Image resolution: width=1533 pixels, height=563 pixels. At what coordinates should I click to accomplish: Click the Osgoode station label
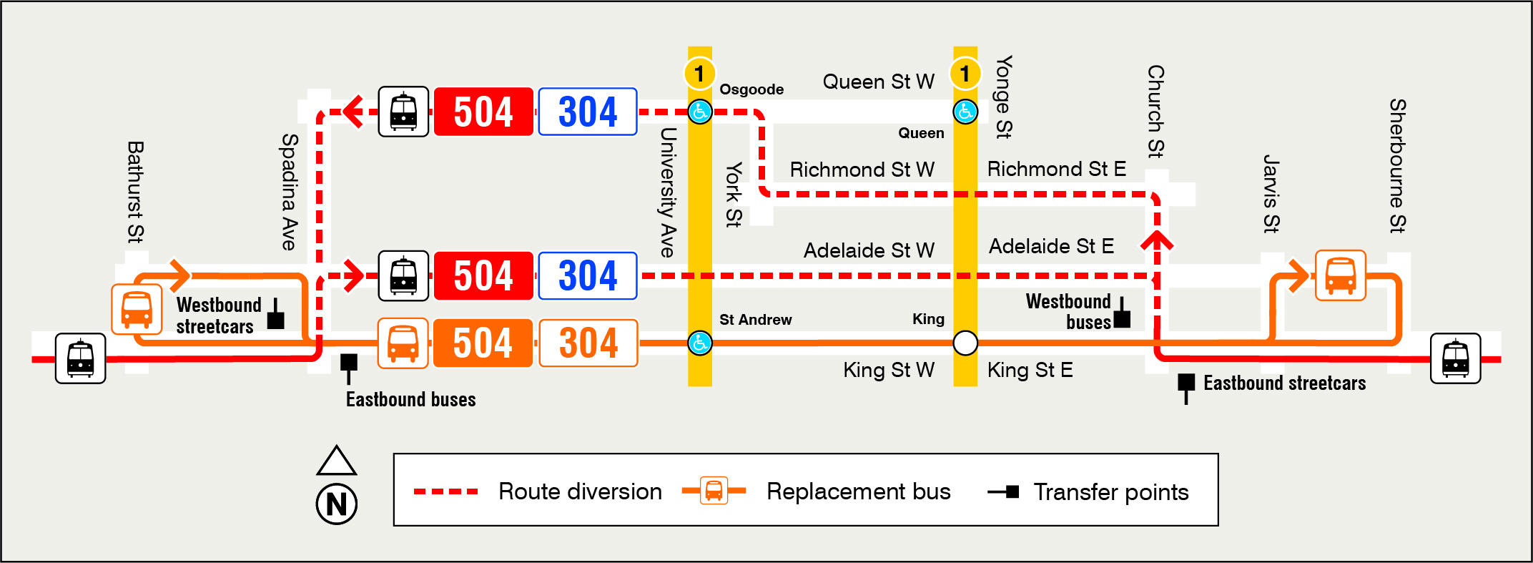[x=751, y=89]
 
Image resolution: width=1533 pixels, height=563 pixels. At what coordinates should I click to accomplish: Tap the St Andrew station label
[x=755, y=320]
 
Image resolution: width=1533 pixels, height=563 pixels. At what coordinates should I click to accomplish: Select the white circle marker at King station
[x=965, y=343]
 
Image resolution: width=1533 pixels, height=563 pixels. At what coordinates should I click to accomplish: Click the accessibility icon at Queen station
[x=965, y=112]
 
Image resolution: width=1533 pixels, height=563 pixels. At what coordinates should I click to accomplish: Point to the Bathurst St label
[x=136, y=192]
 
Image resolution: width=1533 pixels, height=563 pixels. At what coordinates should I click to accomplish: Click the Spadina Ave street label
[x=289, y=192]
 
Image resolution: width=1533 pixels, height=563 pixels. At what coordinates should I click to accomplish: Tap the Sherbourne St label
[x=1398, y=166]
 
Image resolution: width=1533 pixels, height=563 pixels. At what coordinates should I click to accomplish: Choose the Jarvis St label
[x=1271, y=193]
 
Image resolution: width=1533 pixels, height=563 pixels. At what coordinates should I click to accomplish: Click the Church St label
[x=1155, y=111]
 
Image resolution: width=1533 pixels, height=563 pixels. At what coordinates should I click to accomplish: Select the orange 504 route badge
[x=483, y=343]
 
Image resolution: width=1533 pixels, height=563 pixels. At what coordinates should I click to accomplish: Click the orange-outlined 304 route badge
[x=588, y=343]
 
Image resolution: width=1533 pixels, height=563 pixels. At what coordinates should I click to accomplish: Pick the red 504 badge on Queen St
[x=483, y=112]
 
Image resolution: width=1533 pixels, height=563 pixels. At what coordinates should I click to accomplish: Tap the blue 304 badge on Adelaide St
[x=588, y=276]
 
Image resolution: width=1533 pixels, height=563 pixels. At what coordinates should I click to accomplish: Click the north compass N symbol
[x=336, y=504]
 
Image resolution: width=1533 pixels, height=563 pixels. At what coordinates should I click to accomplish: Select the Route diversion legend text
[x=580, y=491]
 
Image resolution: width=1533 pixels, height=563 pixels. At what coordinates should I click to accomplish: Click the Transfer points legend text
[x=1110, y=492]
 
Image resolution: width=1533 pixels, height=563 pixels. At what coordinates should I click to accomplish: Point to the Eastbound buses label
[x=410, y=399]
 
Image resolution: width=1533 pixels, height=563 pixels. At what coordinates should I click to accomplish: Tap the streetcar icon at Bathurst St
[x=81, y=358]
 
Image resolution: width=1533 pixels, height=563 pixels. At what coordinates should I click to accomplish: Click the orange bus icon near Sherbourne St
[x=1341, y=275]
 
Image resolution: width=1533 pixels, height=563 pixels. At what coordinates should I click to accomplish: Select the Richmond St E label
[x=1056, y=170]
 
